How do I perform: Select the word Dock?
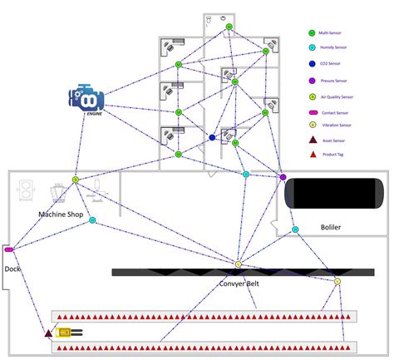coord(11,269)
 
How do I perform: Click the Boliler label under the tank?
coord(331,227)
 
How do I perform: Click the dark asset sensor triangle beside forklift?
coord(48,333)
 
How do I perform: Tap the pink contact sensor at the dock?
coord(9,249)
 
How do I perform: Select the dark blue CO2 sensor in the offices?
coord(213,137)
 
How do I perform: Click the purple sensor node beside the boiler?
coord(283,177)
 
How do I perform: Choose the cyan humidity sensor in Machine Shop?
coord(92,220)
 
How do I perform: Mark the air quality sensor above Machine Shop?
coord(75,180)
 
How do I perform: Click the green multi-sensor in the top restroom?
coord(229,27)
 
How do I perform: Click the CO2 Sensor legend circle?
coord(312,64)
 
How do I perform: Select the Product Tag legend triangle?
coord(312,155)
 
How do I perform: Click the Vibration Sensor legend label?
coord(336,126)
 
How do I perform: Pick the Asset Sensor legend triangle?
coord(312,141)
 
